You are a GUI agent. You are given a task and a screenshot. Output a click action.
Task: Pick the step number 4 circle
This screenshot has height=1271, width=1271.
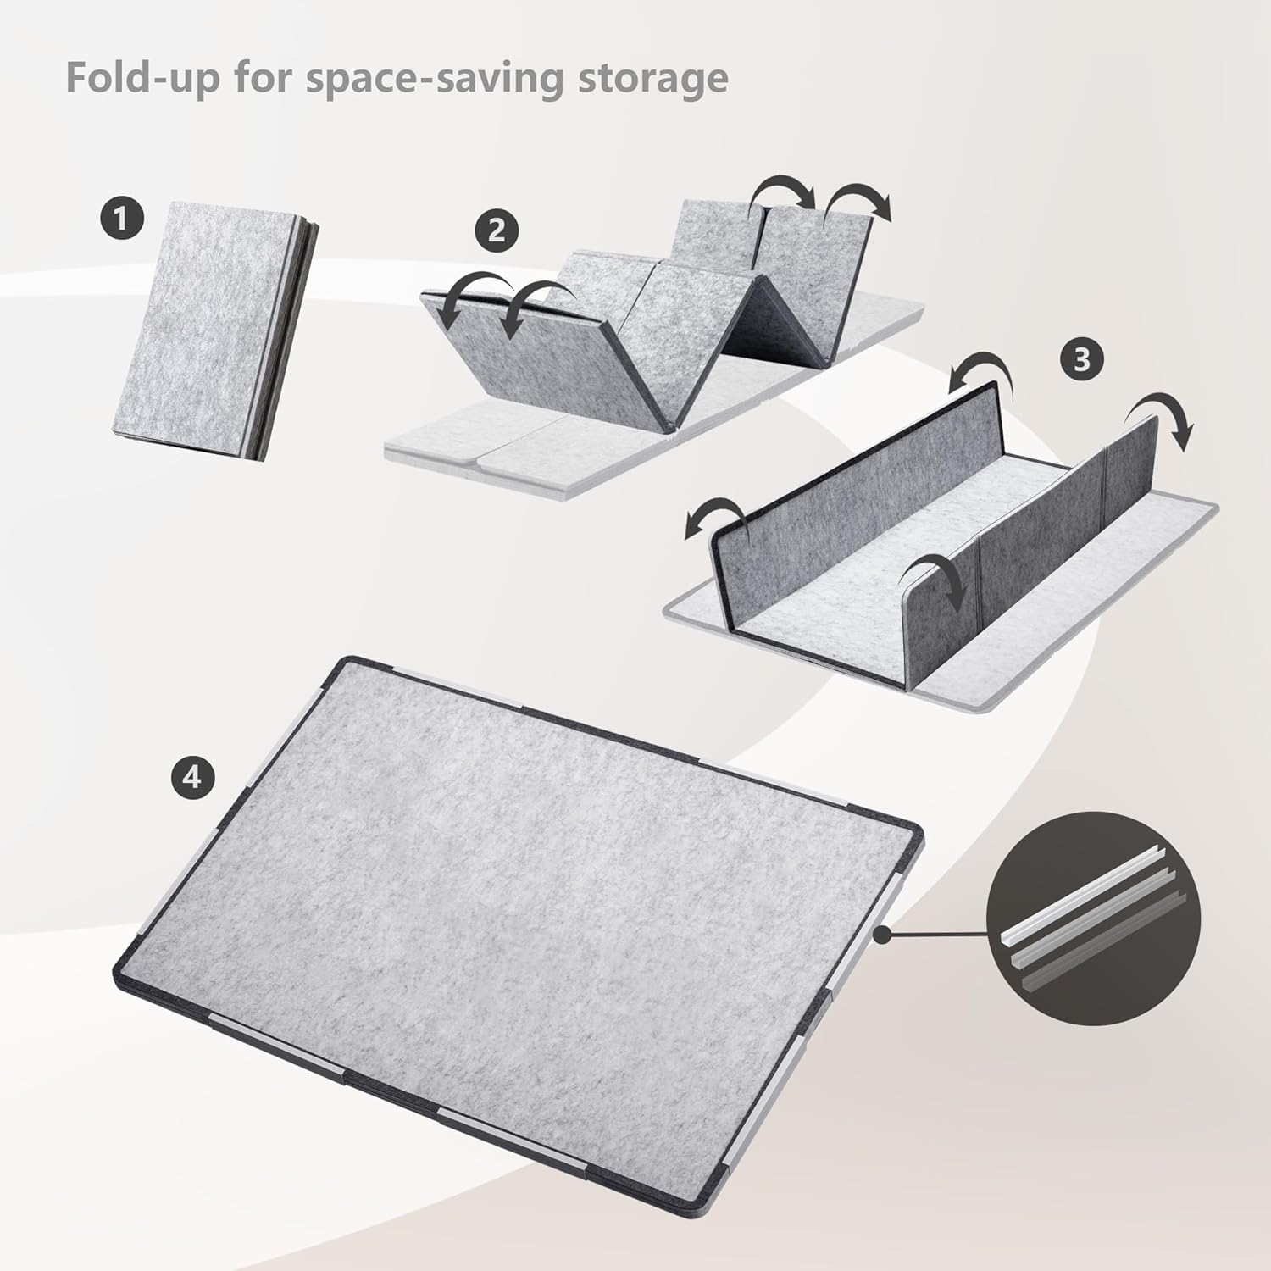(x=192, y=775)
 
